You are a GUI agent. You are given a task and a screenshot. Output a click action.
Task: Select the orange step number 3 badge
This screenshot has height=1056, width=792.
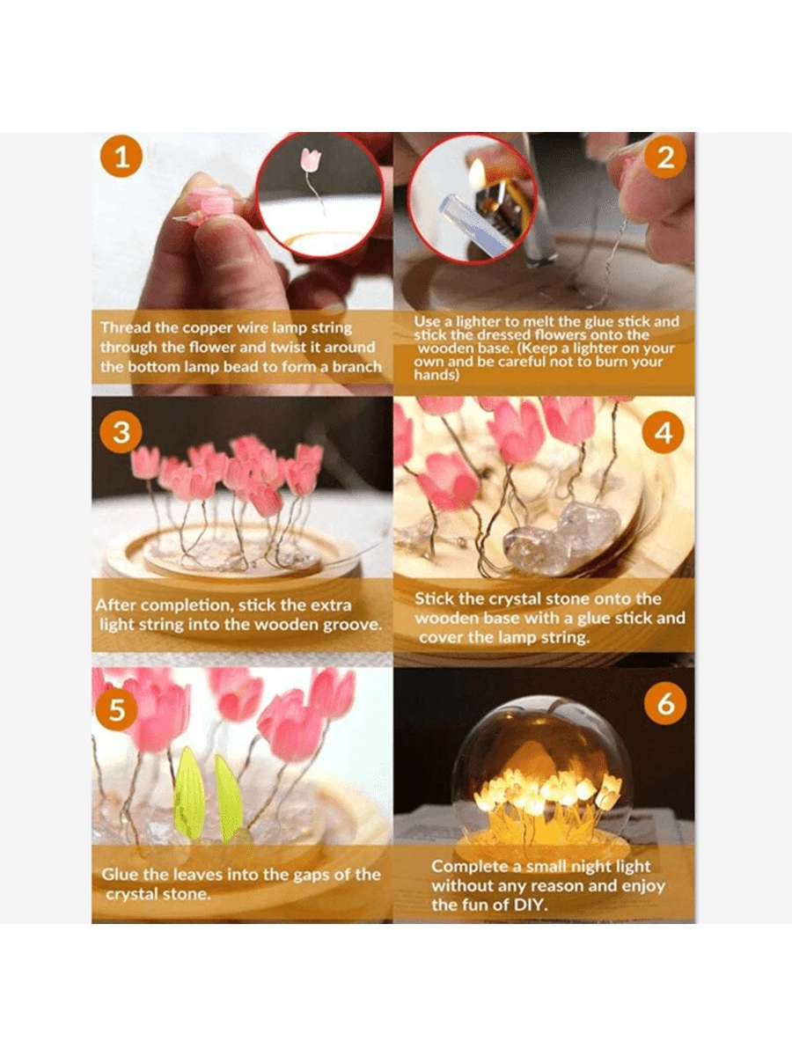(122, 433)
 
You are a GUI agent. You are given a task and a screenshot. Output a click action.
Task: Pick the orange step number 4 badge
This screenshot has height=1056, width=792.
(664, 433)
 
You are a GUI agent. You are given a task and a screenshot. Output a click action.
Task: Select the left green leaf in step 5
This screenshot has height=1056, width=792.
(189, 792)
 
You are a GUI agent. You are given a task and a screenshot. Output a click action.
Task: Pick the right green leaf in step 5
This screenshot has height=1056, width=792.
(229, 797)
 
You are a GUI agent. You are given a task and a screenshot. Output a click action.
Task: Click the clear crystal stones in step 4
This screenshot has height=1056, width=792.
(564, 538)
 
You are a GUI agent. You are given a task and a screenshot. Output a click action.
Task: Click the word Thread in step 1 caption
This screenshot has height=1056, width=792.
(127, 327)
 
